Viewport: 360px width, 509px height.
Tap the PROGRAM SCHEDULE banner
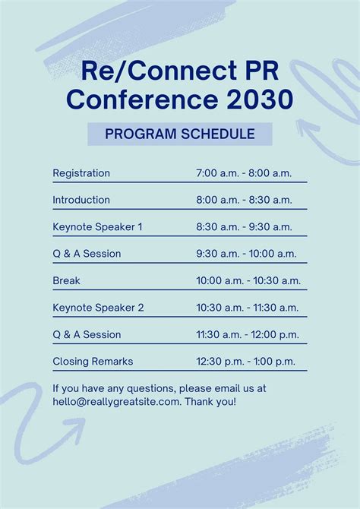(179, 134)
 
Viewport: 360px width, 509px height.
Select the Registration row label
(81, 173)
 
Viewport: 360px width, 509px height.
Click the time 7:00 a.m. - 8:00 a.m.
(244, 173)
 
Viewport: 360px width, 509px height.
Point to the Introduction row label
(81, 200)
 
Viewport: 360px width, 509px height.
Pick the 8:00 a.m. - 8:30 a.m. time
(244, 200)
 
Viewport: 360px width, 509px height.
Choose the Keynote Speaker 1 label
(97, 226)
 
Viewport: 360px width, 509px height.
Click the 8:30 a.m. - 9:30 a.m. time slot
(244, 226)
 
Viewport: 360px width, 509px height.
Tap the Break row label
(66, 280)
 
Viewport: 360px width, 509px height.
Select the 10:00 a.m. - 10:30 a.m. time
(248, 280)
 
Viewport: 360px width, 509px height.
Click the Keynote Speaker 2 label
(98, 308)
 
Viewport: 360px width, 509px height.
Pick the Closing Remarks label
(93, 361)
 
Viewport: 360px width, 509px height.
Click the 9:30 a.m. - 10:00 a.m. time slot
(246, 254)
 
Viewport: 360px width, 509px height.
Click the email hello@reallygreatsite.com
(116, 401)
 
